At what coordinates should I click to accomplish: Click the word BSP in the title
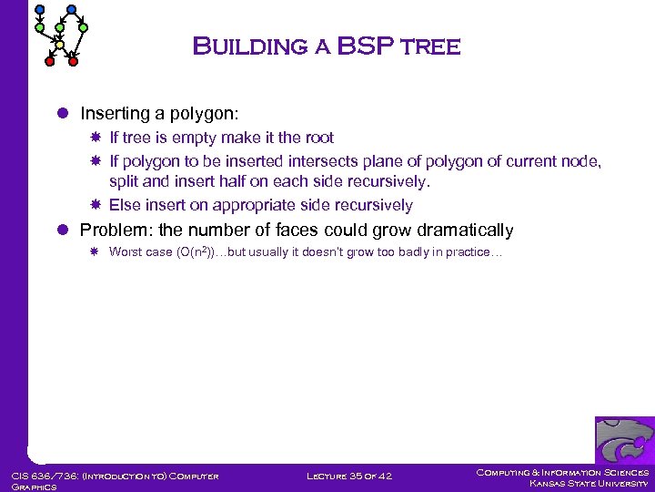pyautogui.click(x=364, y=46)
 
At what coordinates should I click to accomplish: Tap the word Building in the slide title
pyautogui.click(x=252, y=46)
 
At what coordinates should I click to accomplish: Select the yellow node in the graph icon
pyautogui.click(x=60, y=44)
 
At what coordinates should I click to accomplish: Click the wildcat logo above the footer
pyautogui.click(x=624, y=441)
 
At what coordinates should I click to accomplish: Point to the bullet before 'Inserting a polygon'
pyautogui.click(x=63, y=114)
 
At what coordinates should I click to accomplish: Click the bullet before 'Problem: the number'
pyautogui.click(x=63, y=231)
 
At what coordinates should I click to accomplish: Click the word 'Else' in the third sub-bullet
pyautogui.click(x=124, y=205)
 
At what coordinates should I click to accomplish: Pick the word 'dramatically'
pyautogui.click(x=464, y=231)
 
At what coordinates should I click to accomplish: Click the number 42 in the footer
pyautogui.click(x=385, y=476)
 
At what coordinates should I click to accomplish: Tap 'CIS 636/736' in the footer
pyautogui.click(x=42, y=476)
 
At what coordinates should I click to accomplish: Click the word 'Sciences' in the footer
pyautogui.click(x=626, y=472)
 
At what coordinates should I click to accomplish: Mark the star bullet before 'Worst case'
pyautogui.click(x=96, y=252)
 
